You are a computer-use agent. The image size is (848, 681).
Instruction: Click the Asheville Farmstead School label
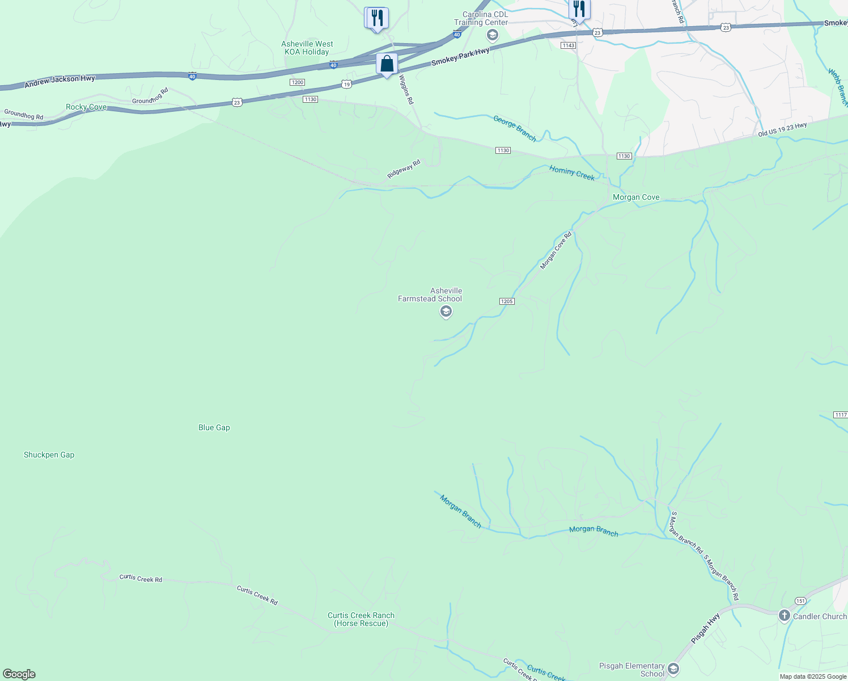click(430, 295)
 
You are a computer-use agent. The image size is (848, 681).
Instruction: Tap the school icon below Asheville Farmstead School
click(446, 312)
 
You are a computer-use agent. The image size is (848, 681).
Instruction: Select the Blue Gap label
click(214, 427)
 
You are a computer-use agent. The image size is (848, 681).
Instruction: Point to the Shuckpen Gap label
click(49, 455)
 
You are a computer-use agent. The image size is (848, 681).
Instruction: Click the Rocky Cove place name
click(86, 107)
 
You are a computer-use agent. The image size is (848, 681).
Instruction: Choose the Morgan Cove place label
click(636, 197)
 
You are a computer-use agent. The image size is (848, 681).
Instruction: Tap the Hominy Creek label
click(571, 173)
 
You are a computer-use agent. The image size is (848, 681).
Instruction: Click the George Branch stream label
click(515, 128)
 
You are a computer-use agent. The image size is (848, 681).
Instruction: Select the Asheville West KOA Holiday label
click(307, 48)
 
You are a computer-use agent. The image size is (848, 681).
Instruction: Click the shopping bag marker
click(387, 64)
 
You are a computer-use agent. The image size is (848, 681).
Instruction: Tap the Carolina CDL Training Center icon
click(493, 36)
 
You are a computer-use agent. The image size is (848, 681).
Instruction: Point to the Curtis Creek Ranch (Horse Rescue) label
click(361, 619)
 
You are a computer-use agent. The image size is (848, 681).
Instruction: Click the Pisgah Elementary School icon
click(673, 668)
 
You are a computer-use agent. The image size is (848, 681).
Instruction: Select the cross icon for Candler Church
click(785, 616)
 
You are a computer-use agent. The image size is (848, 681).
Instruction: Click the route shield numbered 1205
click(507, 301)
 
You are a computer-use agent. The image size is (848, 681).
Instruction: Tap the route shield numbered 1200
click(297, 82)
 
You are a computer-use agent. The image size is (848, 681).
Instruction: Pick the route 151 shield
click(800, 600)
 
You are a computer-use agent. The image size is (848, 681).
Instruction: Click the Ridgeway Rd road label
click(404, 169)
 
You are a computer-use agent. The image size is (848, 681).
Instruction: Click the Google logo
click(19, 674)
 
